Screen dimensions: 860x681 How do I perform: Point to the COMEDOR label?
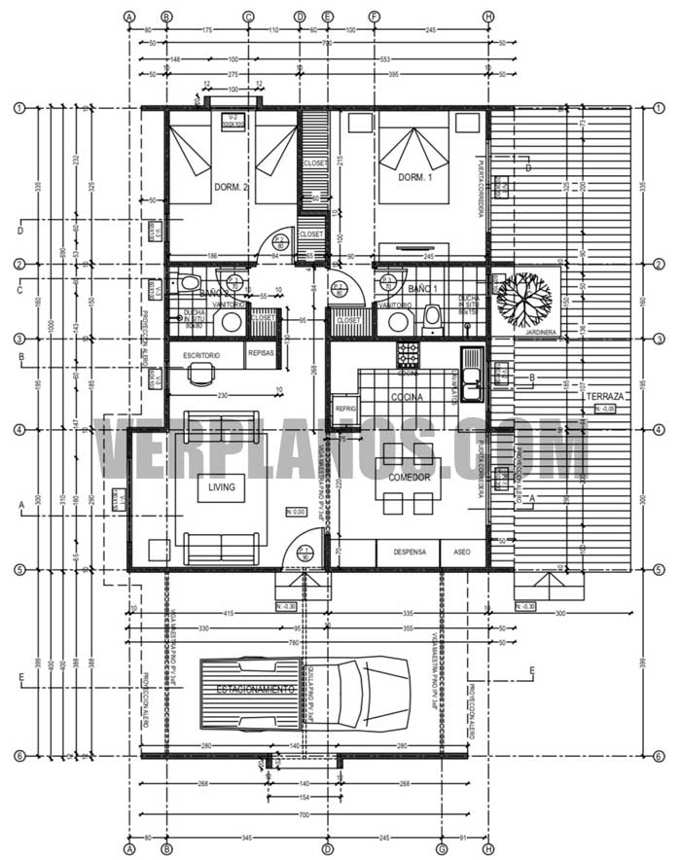(409, 478)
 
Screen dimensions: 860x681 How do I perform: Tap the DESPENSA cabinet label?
(410, 552)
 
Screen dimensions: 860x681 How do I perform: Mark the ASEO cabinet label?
(461, 552)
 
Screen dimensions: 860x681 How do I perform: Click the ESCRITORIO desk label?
(201, 356)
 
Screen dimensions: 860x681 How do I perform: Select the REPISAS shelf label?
(262, 353)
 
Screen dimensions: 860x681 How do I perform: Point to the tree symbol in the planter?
(524, 297)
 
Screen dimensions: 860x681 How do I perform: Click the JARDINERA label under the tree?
(541, 333)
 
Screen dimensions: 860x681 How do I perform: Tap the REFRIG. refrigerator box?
(346, 410)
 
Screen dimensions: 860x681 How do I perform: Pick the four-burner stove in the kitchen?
(407, 353)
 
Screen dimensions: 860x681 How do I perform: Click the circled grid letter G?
(443, 848)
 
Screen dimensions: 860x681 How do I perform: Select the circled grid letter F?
(375, 17)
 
